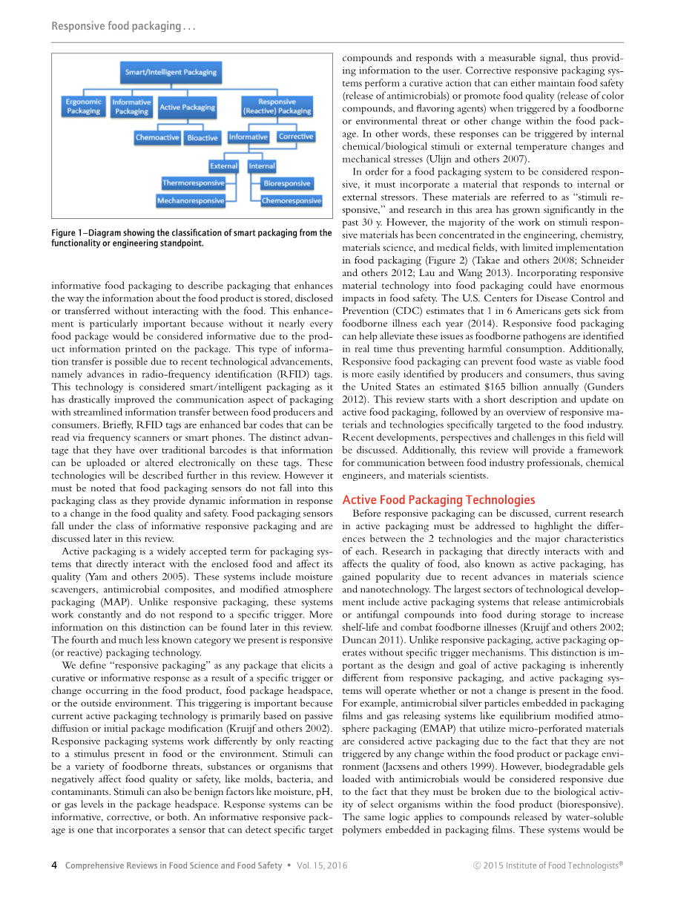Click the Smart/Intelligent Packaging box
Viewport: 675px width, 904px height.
(171, 72)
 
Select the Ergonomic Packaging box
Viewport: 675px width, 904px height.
(83, 107)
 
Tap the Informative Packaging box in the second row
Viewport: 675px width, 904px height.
(131, 107)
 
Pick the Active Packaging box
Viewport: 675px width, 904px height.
(187, 108)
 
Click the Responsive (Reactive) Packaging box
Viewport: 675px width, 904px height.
(277, 107)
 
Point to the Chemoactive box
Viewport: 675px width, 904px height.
(157, 137)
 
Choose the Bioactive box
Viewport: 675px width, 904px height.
(202, 137)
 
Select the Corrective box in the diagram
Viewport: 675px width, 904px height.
(296, 137)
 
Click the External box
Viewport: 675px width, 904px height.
(223, 166)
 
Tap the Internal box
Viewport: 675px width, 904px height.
(262, 166)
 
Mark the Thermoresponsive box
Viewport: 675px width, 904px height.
(193, 183)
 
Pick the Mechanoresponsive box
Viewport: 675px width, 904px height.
(190, 200)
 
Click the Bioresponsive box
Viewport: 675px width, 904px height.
(287, 183)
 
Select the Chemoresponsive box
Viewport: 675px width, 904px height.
(291, 200)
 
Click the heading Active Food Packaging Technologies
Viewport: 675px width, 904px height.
(438, 500)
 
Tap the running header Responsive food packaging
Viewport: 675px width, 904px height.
(123, 27)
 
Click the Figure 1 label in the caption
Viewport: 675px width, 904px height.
(71, 233)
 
